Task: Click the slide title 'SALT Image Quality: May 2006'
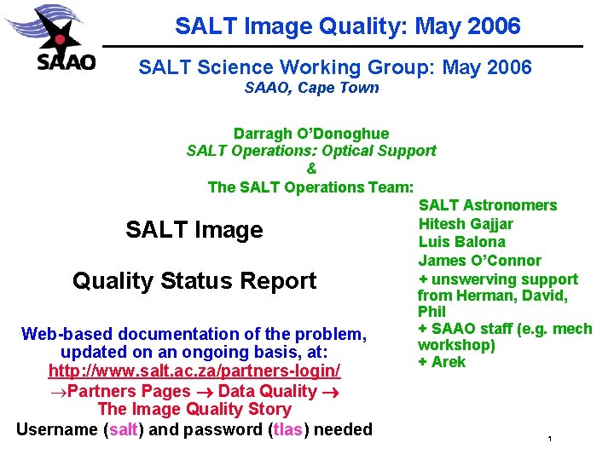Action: [347, 26]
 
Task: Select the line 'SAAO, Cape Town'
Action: [311, 87]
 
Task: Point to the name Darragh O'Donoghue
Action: [311, 134]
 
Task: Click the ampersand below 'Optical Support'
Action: [311, 169]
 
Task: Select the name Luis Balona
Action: [461, 242]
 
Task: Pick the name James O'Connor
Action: [479, 261]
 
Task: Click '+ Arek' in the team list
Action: [442, 362]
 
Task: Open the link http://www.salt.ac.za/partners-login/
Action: [194, 371]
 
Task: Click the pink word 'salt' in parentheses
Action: [124, 429]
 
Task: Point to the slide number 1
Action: [551, 440]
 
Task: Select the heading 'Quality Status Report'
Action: [194, 281]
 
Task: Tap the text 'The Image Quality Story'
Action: [194, 410]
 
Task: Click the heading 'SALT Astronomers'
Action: [487, 205]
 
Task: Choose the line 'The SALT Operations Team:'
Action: [311, 187]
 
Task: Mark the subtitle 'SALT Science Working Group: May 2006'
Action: [335, 67]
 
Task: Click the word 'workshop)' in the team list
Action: [456, 345]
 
